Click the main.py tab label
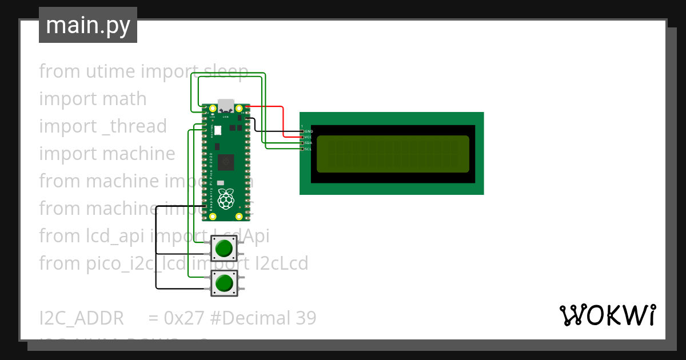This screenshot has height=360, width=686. click(87, 25)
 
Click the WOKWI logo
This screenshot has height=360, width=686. click(607, 315)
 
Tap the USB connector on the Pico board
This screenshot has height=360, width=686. click(226, 106)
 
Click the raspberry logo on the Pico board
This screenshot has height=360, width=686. click(227, 198)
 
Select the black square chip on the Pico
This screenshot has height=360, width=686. click(226, 162)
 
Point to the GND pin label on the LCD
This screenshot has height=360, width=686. click(308, 131)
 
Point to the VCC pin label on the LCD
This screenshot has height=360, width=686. click(308, 137)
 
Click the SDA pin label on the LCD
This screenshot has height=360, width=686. click(308, 143)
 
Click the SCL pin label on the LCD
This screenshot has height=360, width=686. click(308, 149)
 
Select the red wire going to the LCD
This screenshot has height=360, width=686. click(284, 120)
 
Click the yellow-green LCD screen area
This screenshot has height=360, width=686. click(393, 154)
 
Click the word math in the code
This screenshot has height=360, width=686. click(124, 99)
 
